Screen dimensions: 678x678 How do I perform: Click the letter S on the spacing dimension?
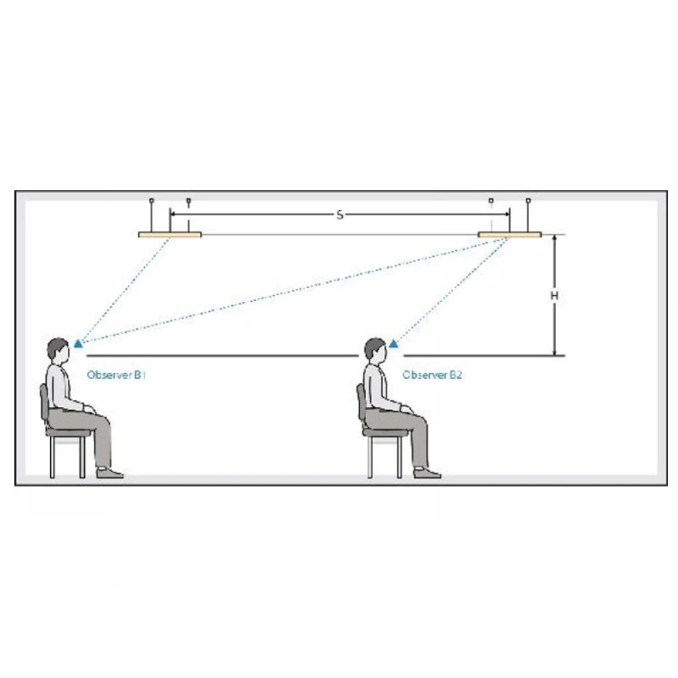tap(340, 214)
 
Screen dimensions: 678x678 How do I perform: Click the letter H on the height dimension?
tap(555, 296)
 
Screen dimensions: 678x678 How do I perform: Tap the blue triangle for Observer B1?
tap(78, 344)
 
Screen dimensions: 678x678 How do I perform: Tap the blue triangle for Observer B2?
tap(393, 344)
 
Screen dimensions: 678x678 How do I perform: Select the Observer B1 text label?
tap(116, 375)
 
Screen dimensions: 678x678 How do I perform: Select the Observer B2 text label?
tap(432, 375)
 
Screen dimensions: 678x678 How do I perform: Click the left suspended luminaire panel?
tap(170, 235)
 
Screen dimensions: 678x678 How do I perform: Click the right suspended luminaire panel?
tap(509, 235)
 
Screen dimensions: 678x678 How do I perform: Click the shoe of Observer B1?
tap(110, 473)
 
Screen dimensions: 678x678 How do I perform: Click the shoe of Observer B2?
tap(427, 473)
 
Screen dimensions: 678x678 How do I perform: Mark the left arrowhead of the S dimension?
tap(173, 214)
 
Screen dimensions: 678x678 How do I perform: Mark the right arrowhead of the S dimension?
tap(506, 214)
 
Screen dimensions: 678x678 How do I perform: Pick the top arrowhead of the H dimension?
tap(555, 238)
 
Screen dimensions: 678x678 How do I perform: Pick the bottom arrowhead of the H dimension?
tap(555, 352)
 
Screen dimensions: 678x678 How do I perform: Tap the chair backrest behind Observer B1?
tap(43, 402)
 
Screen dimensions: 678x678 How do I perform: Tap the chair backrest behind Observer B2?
tap(361, 402)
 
